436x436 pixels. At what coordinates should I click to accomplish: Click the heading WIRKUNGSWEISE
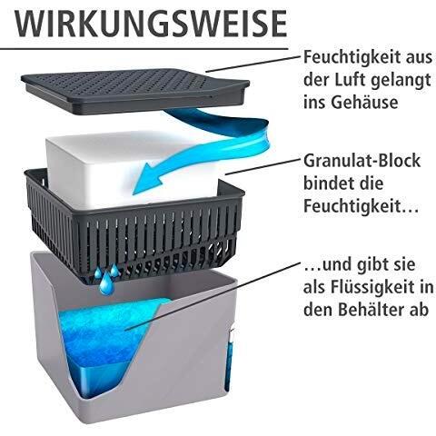[151, 24]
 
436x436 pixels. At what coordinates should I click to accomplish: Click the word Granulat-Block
[362, 161]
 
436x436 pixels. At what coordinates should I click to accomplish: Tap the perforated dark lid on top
[135, 91]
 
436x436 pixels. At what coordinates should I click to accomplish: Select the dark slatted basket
[134, 225]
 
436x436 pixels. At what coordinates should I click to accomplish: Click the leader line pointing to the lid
[254, 64]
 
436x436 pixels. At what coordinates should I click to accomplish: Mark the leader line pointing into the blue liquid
[213, 296]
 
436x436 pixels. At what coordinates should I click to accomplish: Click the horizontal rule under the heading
[144, 48]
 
